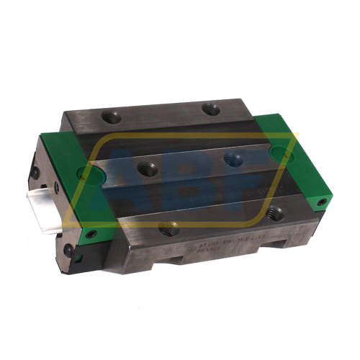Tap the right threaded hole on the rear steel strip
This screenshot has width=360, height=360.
click(210, 109)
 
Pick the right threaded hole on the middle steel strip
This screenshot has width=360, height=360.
click(232, 158)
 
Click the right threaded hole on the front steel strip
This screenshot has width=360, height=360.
click(273, 212)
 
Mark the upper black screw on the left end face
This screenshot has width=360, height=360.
click(35, 174)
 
